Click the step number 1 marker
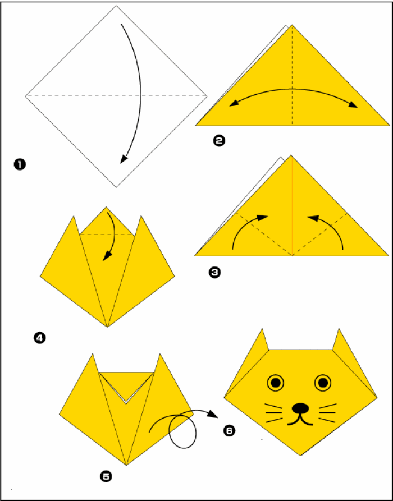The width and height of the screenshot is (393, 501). coord(20,165)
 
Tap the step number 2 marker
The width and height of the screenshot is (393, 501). coord(219,141)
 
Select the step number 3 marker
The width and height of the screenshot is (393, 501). coord(214,272)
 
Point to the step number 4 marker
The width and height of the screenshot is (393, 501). coord(40,338)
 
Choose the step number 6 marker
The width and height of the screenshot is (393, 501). coord(229,431)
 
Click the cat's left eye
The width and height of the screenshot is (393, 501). coord(275,383)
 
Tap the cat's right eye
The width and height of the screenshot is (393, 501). coord(323,383)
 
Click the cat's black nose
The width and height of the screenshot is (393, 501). coord(300,407)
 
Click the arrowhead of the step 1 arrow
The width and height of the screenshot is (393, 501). coord(123,159)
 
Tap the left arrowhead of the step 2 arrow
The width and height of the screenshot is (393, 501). coord(234,103)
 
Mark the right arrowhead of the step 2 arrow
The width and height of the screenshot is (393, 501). coord(354,105)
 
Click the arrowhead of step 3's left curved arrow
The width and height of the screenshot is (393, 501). coord(263,217)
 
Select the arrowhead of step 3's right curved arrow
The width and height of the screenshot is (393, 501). coord(313,218)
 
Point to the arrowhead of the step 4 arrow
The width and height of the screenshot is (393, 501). coord(107,256)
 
